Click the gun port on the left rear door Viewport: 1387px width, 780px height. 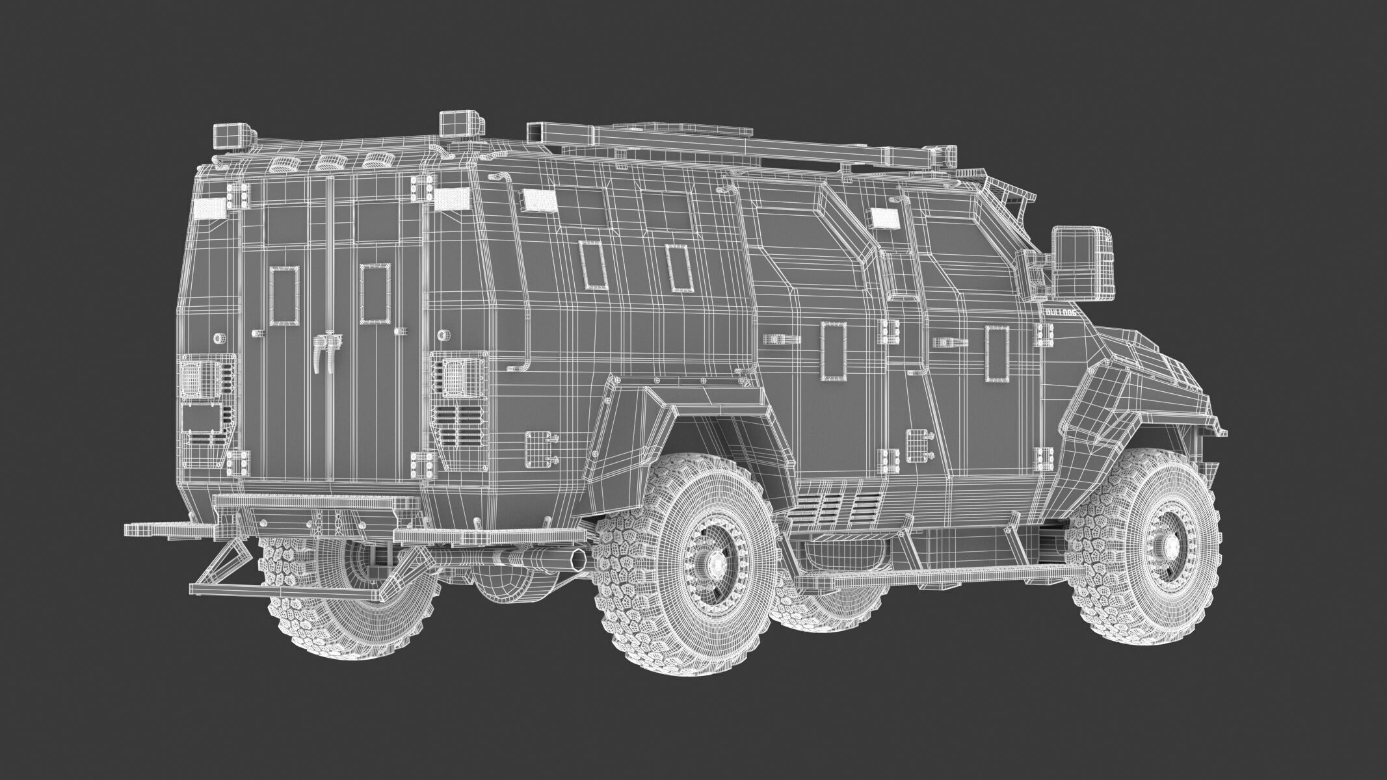click(285, 298)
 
